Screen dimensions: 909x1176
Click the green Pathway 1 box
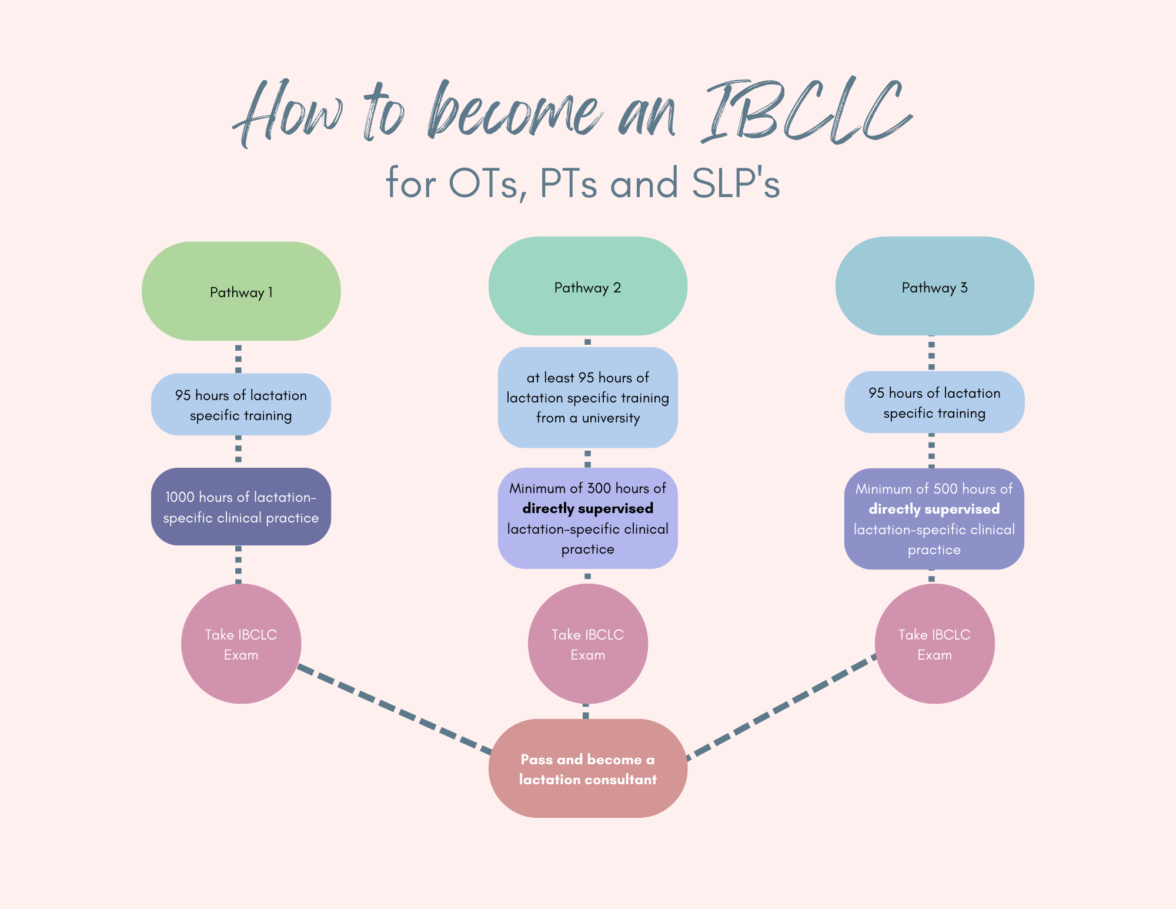tap(241, 291)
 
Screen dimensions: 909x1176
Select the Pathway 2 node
tap(587, 287)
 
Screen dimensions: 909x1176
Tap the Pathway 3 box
tap(934, 287)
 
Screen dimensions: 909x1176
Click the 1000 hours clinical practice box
tap(241, 507)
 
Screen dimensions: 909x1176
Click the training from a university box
tap(587, 398)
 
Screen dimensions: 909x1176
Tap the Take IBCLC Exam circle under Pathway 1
tap(241, 644)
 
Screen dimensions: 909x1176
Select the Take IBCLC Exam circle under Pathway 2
tap(587, 644)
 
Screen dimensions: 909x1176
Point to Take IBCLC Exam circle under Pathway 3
tap(934, 644)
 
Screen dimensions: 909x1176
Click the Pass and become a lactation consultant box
tap(587, 768)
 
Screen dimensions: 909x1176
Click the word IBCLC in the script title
tap(806, 112)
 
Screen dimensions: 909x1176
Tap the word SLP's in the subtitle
tap(736, 184)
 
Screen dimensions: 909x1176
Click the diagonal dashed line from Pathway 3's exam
tap(782, 706)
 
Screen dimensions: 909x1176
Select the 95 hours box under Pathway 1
tap(241, 405)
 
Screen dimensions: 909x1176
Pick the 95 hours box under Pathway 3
tap(934, 402)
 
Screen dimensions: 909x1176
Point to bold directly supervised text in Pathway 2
tap(587, 508)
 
